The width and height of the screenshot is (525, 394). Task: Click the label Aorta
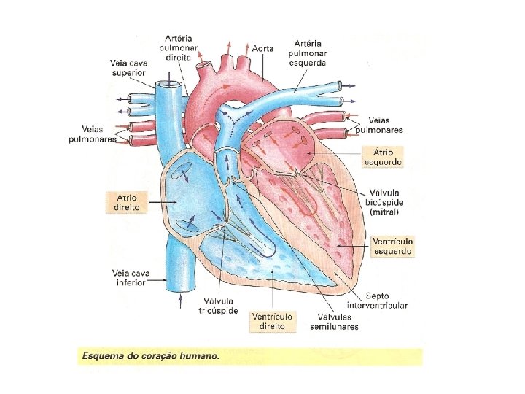[262, 48]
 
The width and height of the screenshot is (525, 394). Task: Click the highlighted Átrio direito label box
[122, 202]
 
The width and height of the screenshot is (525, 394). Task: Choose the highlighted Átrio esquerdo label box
[382, 157]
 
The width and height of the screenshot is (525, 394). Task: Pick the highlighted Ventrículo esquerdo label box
[392, 246]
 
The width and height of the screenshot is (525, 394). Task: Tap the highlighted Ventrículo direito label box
[272, 321]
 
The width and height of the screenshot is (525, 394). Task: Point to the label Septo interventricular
[377, 301]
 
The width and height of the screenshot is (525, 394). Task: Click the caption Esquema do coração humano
[148, 358]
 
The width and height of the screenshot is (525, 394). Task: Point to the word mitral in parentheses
[384, 212]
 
